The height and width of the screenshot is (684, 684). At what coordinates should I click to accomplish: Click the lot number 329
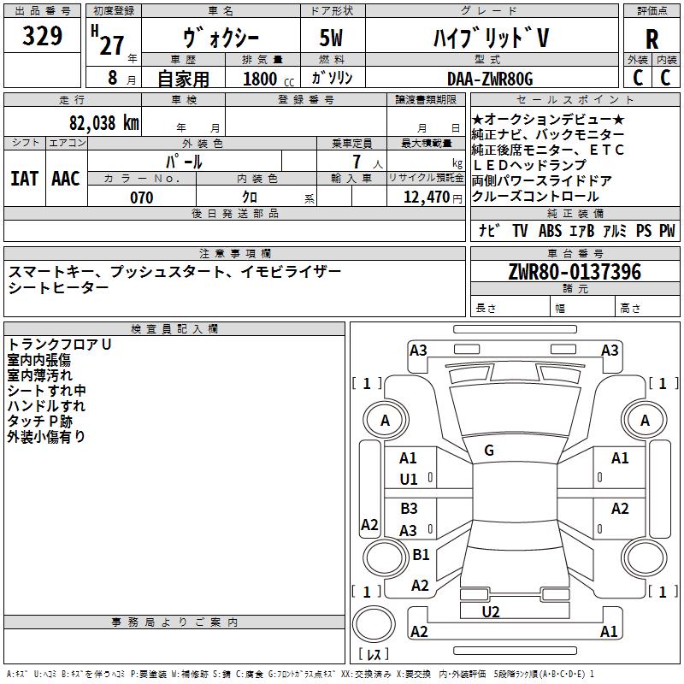pyautogui.click(x=42, y=36)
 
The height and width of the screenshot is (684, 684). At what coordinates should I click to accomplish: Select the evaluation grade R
pyautogui.click(x=652, y=39)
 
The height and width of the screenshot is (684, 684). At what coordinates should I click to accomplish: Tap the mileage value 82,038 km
pyautogui.click(x=104, y=123)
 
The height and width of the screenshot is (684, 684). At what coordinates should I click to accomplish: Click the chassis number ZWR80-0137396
pyautogui.click(x=575, y=272)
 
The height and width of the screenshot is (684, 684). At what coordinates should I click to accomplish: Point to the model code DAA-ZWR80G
pyautogui.click(x=490, y=79)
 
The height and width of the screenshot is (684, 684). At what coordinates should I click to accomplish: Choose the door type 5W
pyautogui.click(x=331, y=38)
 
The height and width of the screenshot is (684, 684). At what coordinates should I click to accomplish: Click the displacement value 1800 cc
pyautogui.click(x=268, y=79)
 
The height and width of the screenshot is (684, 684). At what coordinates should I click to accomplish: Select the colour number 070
pyautogui.click(x=142, y=198)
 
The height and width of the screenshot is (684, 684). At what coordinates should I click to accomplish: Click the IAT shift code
pyautogui.click(x=25, y=179)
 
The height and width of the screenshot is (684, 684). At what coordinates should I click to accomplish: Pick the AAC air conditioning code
pyautogui.click(x=66, y=179)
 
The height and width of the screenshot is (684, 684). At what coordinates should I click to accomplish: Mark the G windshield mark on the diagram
pyautogui.click(x=489, y=451)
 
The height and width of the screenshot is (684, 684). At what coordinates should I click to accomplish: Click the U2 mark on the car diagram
pyautogui.click(x=491, y=612)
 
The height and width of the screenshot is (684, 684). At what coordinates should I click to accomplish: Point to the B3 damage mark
pyautogui.click(x=410, y=508)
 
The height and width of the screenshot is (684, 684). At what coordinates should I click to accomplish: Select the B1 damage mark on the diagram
pyautogui.click(x=421, y=554)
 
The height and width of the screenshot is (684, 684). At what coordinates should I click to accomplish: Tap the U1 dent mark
pyautogui.click(x=409, y=480)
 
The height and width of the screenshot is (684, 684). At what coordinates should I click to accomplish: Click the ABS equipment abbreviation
pyautogui.click(x=550, y=230)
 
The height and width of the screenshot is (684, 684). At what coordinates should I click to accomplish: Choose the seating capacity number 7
pyautogui.click(x=357, y=162)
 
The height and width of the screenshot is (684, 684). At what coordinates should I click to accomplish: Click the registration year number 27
pyautogui.click(x=112, y=45)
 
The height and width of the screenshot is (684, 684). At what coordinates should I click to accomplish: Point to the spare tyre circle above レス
pyautogui.click(x=374, y=624)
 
